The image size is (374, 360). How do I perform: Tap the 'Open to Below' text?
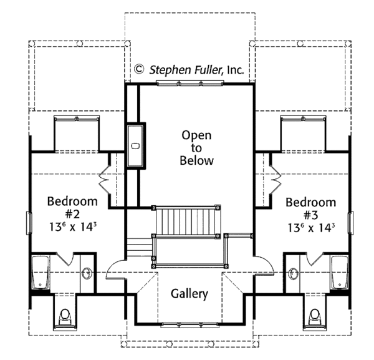pos(197,148)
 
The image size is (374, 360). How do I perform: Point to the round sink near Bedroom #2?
pos(86,273)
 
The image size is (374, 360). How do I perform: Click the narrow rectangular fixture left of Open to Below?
pos(135,146)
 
